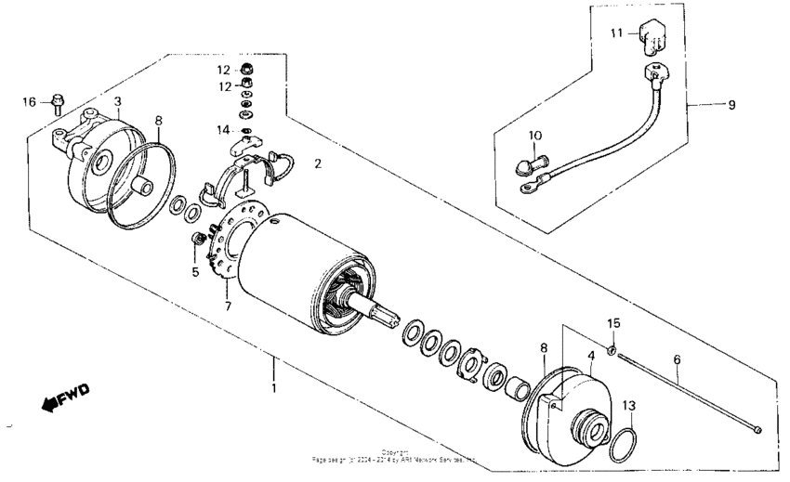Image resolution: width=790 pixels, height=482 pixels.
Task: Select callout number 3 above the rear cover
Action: [117, 100]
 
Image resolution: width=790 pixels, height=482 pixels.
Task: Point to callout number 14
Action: [223, 130]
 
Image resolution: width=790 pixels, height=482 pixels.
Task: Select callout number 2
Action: [317, 163]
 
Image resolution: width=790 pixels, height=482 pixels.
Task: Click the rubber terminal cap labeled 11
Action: [649, 37]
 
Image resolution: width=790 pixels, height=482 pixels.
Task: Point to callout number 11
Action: [615, 33]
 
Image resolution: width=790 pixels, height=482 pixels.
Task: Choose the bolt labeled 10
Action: [526, 168]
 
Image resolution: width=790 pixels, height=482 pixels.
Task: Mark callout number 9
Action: [731, 105]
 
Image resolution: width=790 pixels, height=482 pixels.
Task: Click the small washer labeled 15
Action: [612, 350]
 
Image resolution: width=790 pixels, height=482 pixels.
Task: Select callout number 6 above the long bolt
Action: [677, 357]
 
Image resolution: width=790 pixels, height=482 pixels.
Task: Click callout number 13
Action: [629, 405]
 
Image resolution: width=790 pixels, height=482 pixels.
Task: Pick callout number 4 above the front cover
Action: [589, 355]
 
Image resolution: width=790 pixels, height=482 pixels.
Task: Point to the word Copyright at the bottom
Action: [395, 451]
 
